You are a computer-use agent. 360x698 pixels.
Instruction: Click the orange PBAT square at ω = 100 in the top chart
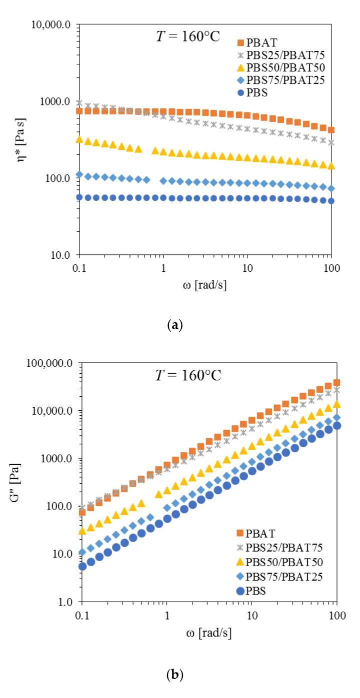pos(331,130)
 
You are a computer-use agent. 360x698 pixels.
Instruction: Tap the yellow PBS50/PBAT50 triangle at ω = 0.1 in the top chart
pos(79,139)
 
